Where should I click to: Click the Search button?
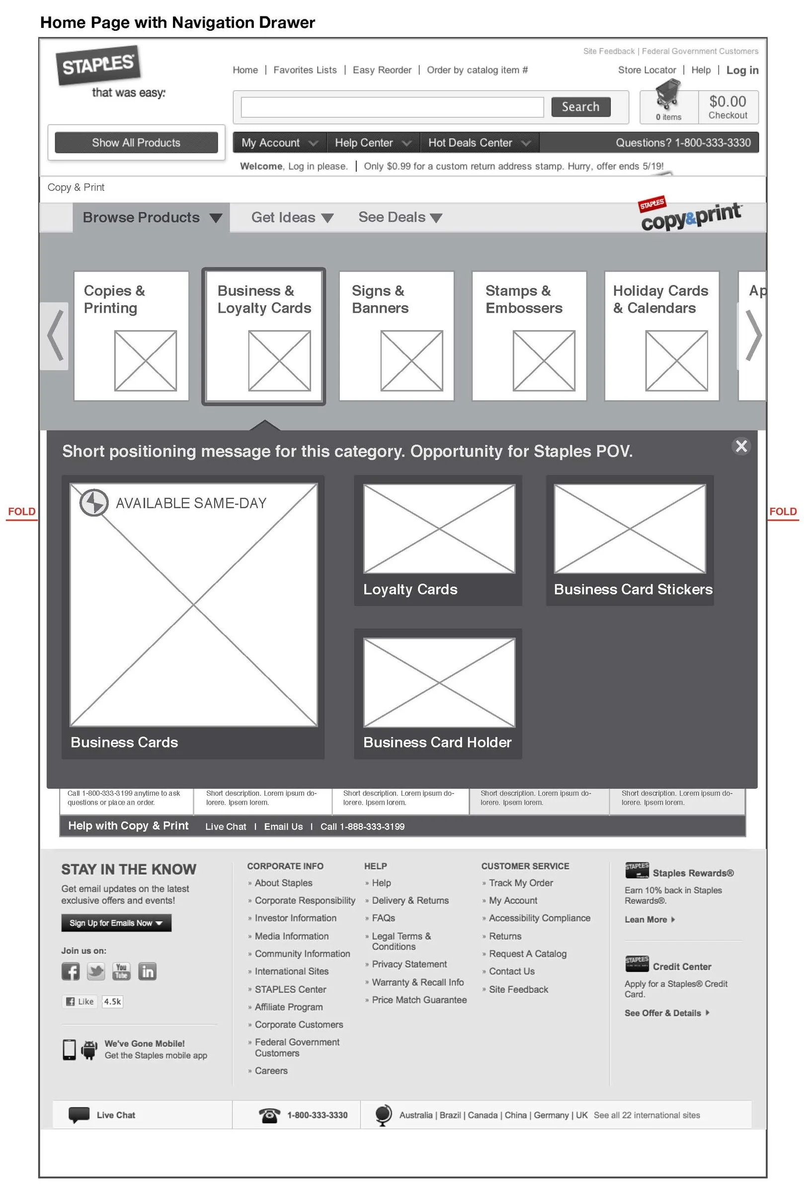click(580, 107)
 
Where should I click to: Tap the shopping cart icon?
click(667, 95)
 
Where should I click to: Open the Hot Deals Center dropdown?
click(479, 142)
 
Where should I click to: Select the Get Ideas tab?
click(291, 217)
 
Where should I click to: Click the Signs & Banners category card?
click(396, 336)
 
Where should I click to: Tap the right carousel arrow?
click(752, 336)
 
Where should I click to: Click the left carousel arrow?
click(55, 336)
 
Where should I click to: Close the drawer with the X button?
click(740, 446)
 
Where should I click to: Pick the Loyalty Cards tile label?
click(410, 589)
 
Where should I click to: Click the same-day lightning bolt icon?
click(94, 502)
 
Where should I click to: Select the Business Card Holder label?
click(437, 742)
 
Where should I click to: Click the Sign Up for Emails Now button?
click(116, 923)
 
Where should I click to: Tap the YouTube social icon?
click(121, 971)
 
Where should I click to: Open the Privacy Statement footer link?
click(409, 964)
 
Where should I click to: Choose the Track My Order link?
click(520, 883)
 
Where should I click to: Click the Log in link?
click(742, 70)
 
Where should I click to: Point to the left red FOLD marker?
click(21, 511)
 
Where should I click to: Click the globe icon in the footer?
click(383, 1115)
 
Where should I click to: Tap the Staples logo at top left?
click(98, 65)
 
